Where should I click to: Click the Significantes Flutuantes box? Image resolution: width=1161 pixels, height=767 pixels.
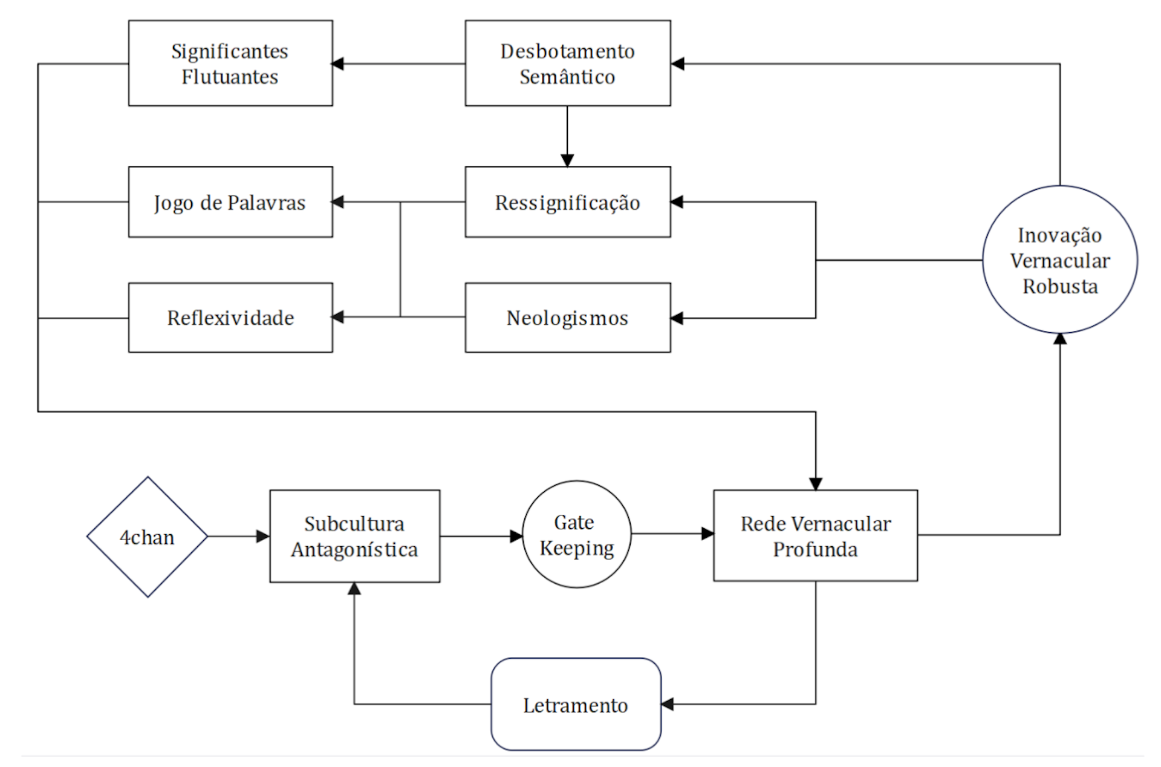coord(230,64)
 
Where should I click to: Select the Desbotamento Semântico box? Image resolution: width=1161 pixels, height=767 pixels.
coord(568,64)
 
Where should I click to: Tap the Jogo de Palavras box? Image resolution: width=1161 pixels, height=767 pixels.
coord(230,202)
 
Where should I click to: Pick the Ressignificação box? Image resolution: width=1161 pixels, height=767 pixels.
coord(568,202)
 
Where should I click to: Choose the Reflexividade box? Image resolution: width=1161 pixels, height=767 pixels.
coord(230,318)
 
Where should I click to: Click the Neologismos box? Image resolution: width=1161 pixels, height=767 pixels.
coord(568,318)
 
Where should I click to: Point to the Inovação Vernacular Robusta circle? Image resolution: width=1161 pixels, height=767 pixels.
coord(1060,259)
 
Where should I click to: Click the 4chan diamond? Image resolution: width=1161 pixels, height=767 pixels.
coord(148,537)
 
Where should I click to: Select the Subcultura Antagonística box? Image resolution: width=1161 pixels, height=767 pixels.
coord(355,537)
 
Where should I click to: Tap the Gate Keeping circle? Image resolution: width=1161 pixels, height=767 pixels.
coord(577,534)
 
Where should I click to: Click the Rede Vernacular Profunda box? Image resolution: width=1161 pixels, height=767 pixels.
coord(816,536)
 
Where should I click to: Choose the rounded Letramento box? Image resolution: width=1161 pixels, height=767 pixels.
coord(576,704)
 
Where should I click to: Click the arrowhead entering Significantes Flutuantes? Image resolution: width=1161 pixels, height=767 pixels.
coord(337,64)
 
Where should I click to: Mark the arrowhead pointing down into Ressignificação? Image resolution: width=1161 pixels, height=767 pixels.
coord(567,160)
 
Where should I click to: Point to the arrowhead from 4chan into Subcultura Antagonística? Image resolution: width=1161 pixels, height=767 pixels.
coord(263,537)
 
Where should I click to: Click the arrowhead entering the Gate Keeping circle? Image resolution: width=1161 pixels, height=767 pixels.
coord(516,537)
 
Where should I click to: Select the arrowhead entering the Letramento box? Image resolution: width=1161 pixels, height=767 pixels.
coord(667,704)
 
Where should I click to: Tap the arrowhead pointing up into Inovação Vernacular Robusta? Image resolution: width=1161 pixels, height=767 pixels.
coord(1060,339)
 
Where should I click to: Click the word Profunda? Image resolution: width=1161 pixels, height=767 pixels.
coord(815,549)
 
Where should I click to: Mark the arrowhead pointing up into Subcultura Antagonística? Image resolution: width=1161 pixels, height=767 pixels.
coord(354,589)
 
